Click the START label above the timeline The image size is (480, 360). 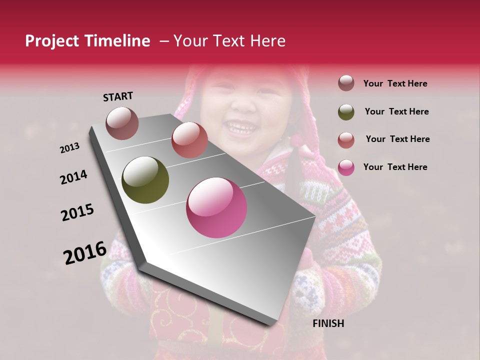[118, 96]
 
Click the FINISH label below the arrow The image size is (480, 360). [328, 323]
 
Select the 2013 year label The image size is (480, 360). [70, 148]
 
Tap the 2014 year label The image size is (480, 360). [74, 177]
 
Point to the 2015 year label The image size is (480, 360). [77, 212]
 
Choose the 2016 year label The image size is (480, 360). [85, 252]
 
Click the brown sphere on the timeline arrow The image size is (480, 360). [122, 123]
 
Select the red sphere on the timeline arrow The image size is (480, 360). [189, 140]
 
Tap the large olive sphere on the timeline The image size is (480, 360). [145, 180]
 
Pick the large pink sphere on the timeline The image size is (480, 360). [216, 208]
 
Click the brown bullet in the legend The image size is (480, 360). [346, 83]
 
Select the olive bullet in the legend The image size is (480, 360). [346, 112]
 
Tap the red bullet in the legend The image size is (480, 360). [346, 140]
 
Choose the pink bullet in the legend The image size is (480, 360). [346, 167]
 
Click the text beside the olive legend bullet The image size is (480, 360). [396, 111]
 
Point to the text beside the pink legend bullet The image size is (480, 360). [395, 167]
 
